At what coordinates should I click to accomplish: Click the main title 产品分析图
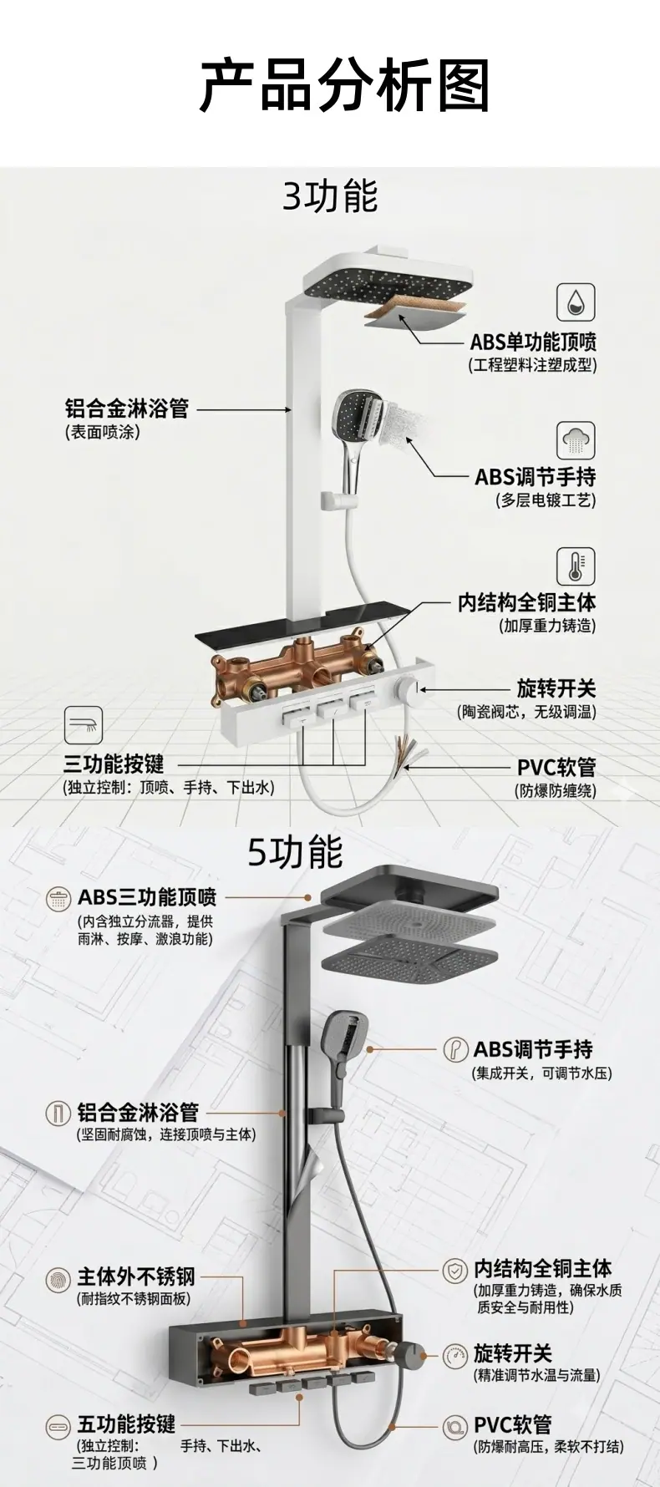tap(344, 85)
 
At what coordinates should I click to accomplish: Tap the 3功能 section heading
tap(330, 196)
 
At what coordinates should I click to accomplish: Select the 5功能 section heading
tap(295, 852)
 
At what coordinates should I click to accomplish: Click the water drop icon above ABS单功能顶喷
tap(576, 302)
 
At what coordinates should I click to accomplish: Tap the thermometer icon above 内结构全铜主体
tap(576, 566)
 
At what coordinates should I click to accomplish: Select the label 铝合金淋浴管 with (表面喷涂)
tap(127, 409)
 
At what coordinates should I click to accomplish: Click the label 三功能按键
tap(114, 764)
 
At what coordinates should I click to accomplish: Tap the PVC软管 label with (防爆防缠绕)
tap(556, 767)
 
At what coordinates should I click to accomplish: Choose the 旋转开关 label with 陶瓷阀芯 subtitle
tap(556, 688)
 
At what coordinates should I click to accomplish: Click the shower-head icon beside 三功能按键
tap(84, 725)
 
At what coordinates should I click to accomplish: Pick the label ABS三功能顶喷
tap(147, 897)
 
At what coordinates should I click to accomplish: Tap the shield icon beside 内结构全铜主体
tap(455, 1272)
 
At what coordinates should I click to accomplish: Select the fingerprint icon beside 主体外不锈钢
tap(58, 1279)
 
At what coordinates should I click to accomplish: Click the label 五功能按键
tap(127, 1424)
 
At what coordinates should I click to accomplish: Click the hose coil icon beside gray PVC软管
tap(455, 1425)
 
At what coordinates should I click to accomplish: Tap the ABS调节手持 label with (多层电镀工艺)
tap(536, 477)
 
